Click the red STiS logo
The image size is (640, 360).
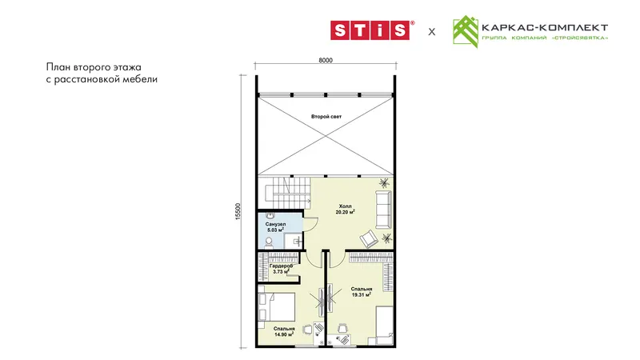pyautogui.click(x=371, y=30)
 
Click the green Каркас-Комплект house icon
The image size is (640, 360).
pyautogui.click(x=466, y=32)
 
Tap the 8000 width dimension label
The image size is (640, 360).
pyautogui.click(x=326, y=61)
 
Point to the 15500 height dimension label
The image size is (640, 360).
pyautogui.click(x=238, y=211)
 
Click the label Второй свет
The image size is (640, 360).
pyautogui.click(x=326, y=117)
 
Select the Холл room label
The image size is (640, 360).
pyautogui.click(x=345, y=206)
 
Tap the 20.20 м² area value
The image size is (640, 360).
pyautogui.click(x=345, y=212)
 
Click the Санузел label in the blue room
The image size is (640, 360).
pyautogui.click(x=275, y=225)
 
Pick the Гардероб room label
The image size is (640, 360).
pyautogui.click(x=282, y=266)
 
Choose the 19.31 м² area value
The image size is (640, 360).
pyautogui.click(x=361, y=294)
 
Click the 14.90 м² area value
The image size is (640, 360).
pyautogui.click(x=284, y=334)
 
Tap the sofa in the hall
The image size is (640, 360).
pyautogui.click(x=383, y=210)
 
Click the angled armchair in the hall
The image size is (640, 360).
pyautogui.click(x=369, y=238)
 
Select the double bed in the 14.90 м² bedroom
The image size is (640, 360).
pyautogui.click(x=276, y=306)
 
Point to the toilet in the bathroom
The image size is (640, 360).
pyautogui.click(x=269, y=243)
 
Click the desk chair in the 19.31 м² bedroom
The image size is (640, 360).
pyautogui.click(x=342, y=327)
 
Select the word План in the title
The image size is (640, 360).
pyautogui.click(x=58, y=67)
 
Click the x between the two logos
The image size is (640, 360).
pyautogui.click(x=432, y=32)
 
